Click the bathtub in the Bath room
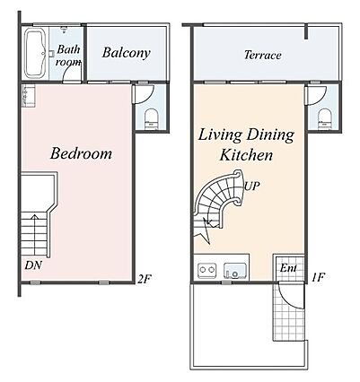pyautogui.click(x=35, y=53)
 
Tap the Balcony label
pyautogui.click(x=126, y=53)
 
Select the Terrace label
pyautogui.click(x=263, y=55)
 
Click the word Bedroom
pyautogui.click(x=81, y=153)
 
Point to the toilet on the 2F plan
pyautogui.click(x=151, y=118)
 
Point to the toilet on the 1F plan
pyautogui.click(x=325, y=118)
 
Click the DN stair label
pyautogui.click(x=33, y=265)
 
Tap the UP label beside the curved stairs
pyautogui.click(x=251, y=187)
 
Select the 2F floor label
pyautogui.click(x=145, y=279)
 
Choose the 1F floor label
pyautogui.click(x=318, y=278)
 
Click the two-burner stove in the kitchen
pyautogui.click(x=207, y=270)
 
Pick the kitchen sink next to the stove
pyautogui.click(x=235, y=270)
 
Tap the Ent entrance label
pyautogui.click(x=288, y=268)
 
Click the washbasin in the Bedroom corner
pyautogui.click(x=29, y=96)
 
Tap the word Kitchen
pyautogui.click(x=246, y=155)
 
